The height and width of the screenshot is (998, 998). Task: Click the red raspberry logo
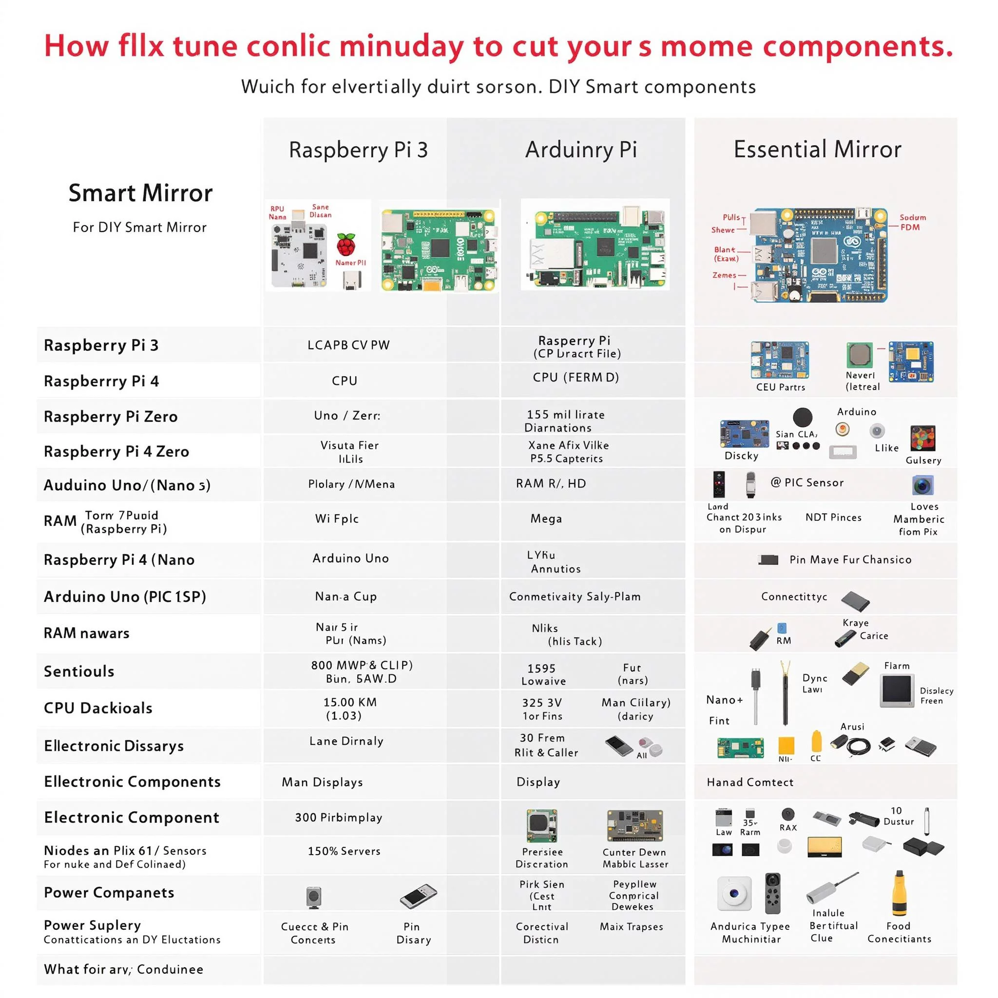pyautogui.click(x=346, y=244)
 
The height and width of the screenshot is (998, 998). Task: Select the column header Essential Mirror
pyautogui.click(x=817, y=149)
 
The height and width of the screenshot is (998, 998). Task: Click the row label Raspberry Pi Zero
pyautogui.click(x=111, y=416)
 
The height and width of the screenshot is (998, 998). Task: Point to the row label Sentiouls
pyautogui.click(x=79, y=671)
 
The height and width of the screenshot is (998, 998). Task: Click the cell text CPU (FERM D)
pyautogui.click(x=576, y=377)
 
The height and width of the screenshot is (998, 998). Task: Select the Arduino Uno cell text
pyautogui.click(x=350, y=558)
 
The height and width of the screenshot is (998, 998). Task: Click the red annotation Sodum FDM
pyautogui.click(x=912, y=222)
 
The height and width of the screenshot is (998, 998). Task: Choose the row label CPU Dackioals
pyautogui.click(x=98, y=708)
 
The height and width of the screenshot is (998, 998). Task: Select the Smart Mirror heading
pyautogui.click(x=140, y=193)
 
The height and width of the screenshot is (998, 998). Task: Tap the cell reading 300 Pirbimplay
pyautogui.click(x=338, y=817)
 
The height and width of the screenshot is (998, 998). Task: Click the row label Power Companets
pyautogui.click(x=109, y=893)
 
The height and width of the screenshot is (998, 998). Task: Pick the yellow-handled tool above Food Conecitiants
pyautogui.click(x=899, y=894)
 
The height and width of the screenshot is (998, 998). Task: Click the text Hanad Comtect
pyautogui.click(x=749, y=782)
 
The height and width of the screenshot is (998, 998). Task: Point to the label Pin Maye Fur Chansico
pyautogui.click(x=850, y=559)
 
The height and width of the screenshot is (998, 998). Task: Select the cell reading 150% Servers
pyautogui.click(x=344, y=851)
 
